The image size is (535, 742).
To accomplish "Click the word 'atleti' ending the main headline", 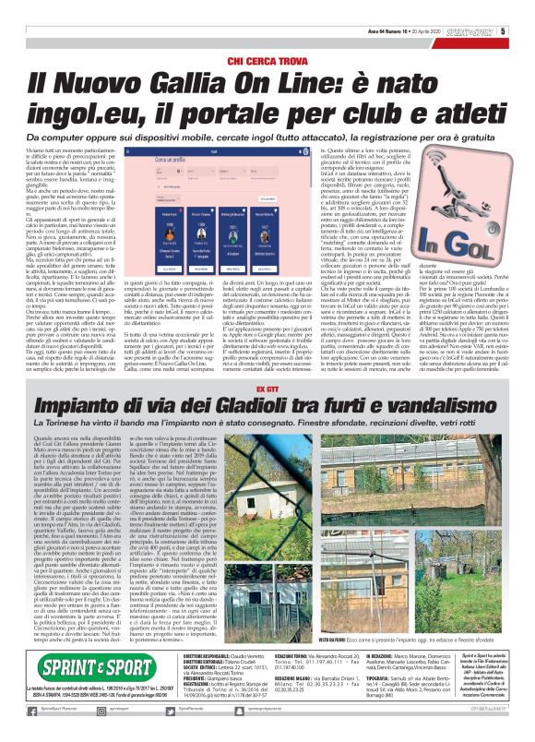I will [462, 115].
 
